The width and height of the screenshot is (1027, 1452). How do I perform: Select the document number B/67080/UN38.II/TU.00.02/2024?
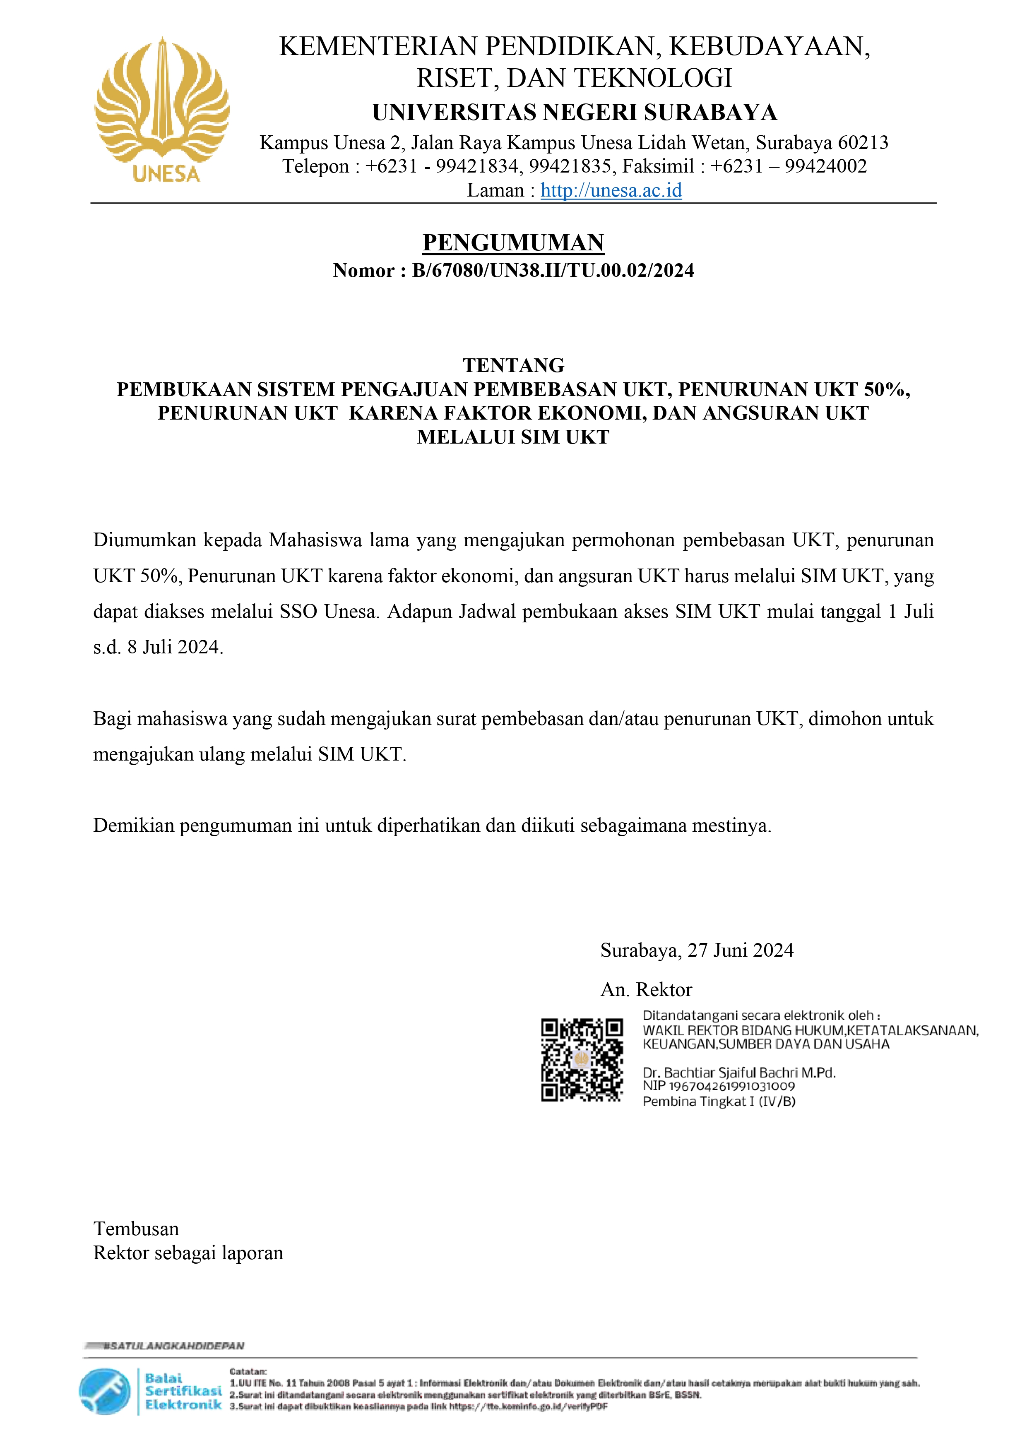click(553, 271)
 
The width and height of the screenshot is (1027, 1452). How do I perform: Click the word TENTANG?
click(513, 365)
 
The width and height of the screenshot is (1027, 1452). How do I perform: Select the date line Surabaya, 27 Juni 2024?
click(697, 950)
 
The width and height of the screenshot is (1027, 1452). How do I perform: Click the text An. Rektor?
click(646, 990)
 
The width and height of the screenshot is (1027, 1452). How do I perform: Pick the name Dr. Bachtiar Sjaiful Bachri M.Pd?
click(738, 1073)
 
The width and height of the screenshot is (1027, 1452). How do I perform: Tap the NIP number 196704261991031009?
click(731, 1087)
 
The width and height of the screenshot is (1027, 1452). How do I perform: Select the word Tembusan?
click(136, 1229)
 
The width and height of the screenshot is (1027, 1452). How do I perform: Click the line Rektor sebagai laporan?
click(188, 1253)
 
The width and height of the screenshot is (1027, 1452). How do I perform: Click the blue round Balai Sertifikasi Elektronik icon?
click(104, 1391)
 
